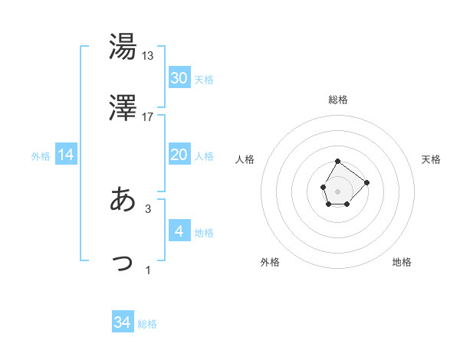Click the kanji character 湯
(x=123, y=47)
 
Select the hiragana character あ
(x=123, y=199)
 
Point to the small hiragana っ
(x=123, y=263)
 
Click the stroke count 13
(x=148, y=56)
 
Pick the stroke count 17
(x=148, y=117)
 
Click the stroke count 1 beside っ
(x=148, y=270)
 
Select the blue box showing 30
(x=179, y=78)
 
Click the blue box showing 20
(x=179, y=155)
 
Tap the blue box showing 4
(x=179, y=231)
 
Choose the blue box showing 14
(x=66, y=155)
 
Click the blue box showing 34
(x=123, y=323)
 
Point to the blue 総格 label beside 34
(x=147, y=324)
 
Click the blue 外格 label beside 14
(x=41, y=156)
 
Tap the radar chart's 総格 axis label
(x=338, y=100)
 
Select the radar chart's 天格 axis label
(x=431, y=159)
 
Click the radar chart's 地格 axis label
(x=402, y=262)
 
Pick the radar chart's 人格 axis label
(x=245, y=159)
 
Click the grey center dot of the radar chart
(x=337, y=190)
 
